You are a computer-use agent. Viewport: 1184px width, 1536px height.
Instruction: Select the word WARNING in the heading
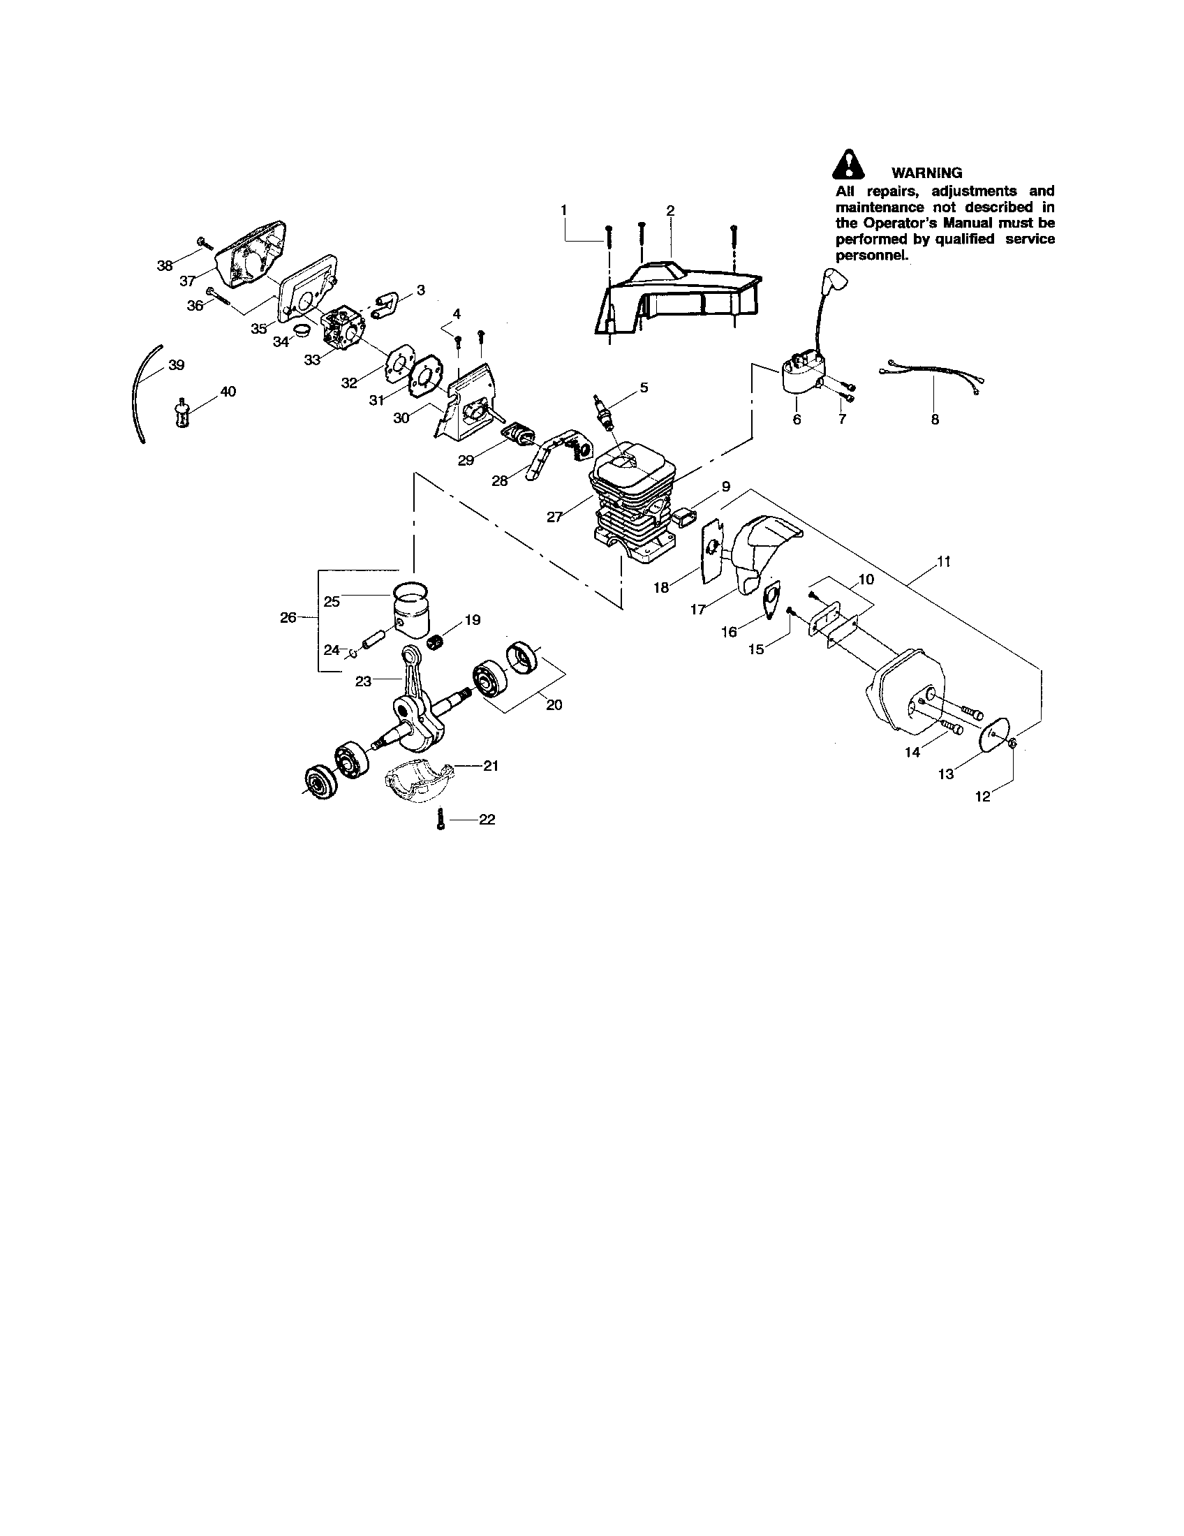(x=926, y=172)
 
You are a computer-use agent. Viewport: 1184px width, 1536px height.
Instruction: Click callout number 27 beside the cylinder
(x=554, y=517)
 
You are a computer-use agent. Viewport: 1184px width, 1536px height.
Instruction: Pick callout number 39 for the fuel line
(x=177, y=365)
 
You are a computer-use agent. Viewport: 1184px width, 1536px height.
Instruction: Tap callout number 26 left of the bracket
(x=288, y=617)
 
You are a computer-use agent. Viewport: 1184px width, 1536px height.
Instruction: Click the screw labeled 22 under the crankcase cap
(x=440, y=820)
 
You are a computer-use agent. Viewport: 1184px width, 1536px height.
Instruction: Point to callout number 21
(x=491, y=766)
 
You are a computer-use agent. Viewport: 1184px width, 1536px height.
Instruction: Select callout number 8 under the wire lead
(x=934, y=420)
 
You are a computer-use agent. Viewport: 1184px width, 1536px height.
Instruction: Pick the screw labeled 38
(x=205, y=244)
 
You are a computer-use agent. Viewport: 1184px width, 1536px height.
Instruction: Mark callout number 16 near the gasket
(x=729, y=632)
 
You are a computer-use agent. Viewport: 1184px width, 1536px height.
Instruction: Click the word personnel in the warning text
(x=871, y=256)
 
